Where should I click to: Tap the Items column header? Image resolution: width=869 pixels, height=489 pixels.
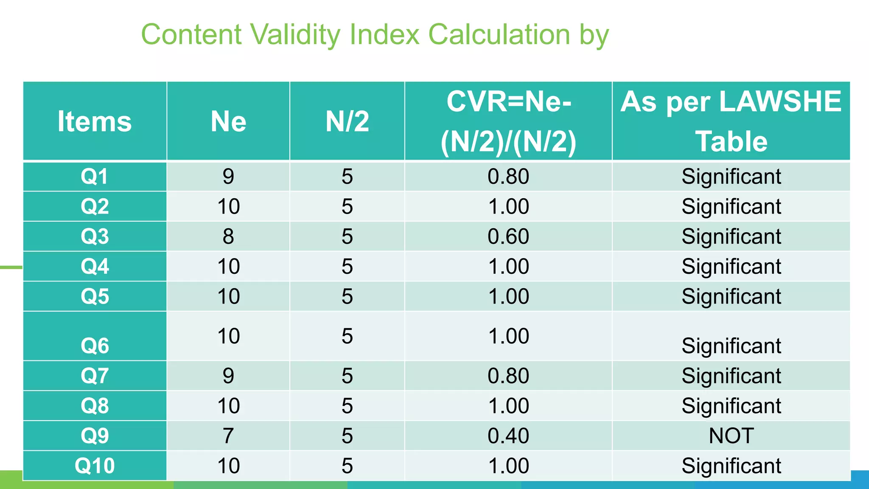pos(95,121)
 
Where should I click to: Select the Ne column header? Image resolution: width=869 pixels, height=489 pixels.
pos(228,121)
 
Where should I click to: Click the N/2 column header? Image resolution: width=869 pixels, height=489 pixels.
pos(347,121)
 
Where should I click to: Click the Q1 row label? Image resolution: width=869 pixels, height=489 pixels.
pos(95,176)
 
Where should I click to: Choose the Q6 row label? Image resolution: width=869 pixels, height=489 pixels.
pos(95,346)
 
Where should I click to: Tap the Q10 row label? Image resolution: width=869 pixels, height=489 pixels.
pos(95,466)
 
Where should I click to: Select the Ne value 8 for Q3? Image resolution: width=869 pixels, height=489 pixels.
pos(228,236)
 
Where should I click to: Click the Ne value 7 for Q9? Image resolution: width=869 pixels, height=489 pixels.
pos(228,436)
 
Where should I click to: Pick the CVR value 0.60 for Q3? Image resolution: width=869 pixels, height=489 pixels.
pos(508,236)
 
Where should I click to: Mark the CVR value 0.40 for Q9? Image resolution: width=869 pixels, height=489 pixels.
pos(508,436)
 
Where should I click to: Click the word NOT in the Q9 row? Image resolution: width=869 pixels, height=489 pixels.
pos(731,436)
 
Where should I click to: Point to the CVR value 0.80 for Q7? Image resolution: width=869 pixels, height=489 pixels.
pos(508,376)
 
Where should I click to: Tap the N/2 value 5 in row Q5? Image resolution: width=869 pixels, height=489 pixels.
pos(347,296)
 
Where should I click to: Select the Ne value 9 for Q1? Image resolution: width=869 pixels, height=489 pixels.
pos(228,177)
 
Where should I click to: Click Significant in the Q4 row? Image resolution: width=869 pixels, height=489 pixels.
pos(731,267)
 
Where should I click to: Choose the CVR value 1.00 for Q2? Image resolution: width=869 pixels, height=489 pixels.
pos(508,207)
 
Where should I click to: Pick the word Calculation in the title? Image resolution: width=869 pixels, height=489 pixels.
pos(499,34)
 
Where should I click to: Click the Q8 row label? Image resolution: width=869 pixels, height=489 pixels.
pos(95,406)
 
